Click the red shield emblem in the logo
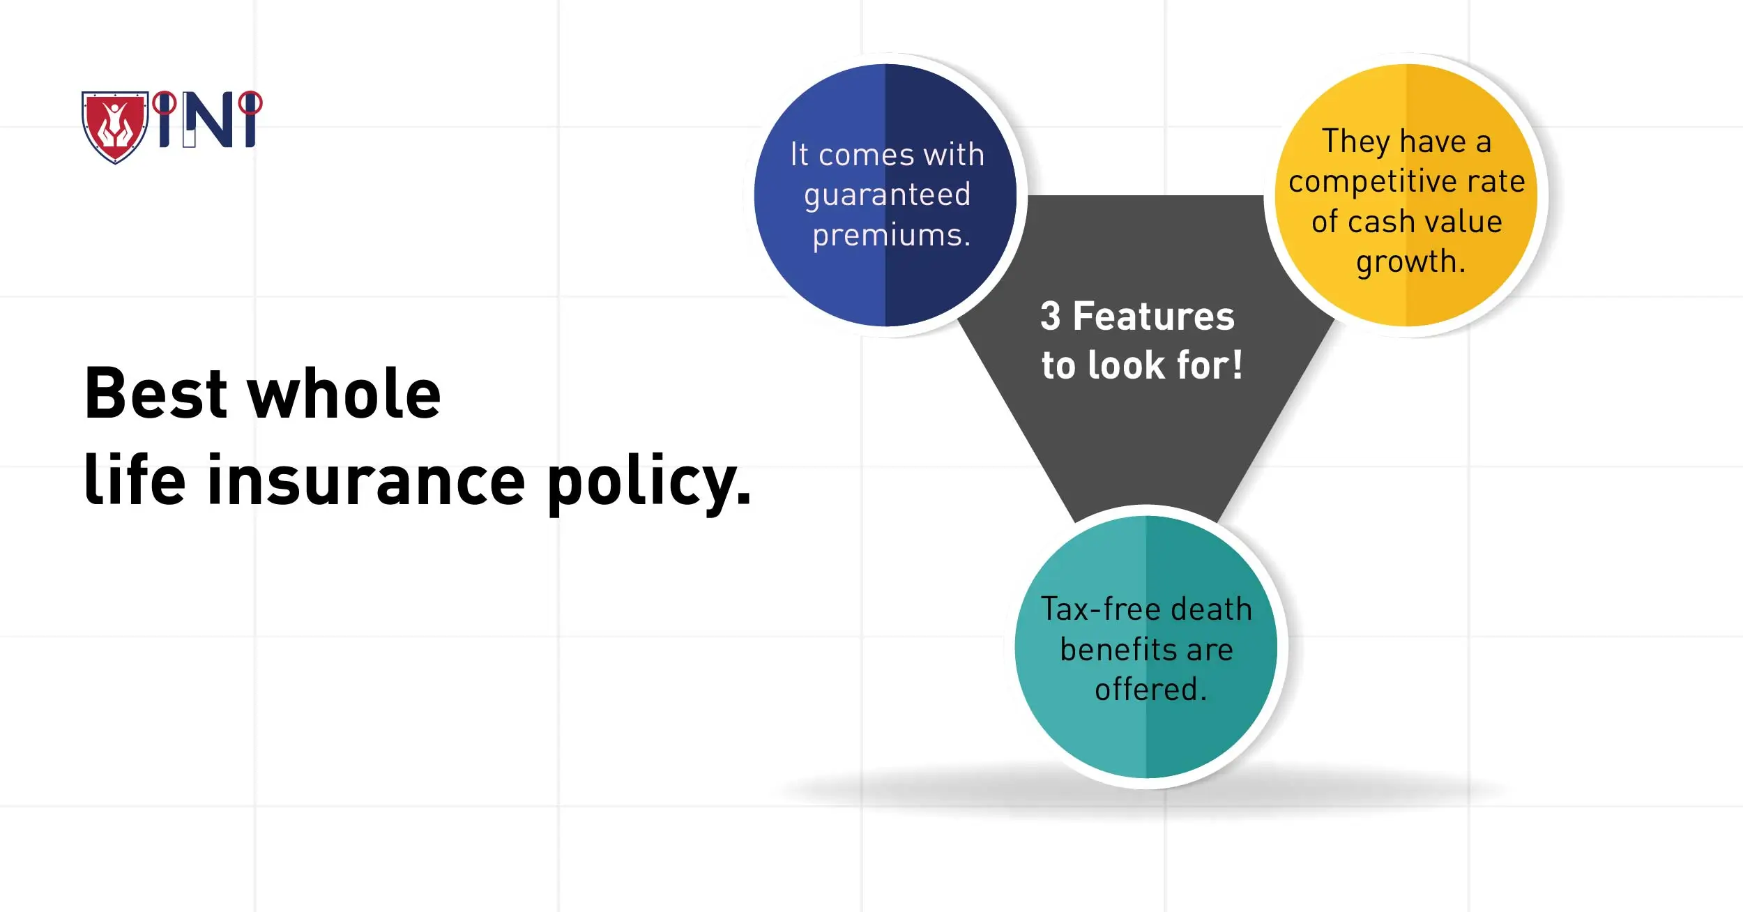tap(115, 126)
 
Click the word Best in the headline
tap(155, 394)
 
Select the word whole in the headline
tap(344, 394)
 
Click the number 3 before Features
tap(1050, 317)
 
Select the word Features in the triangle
tap(1153, 317)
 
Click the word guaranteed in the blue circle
tap(887, 195)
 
